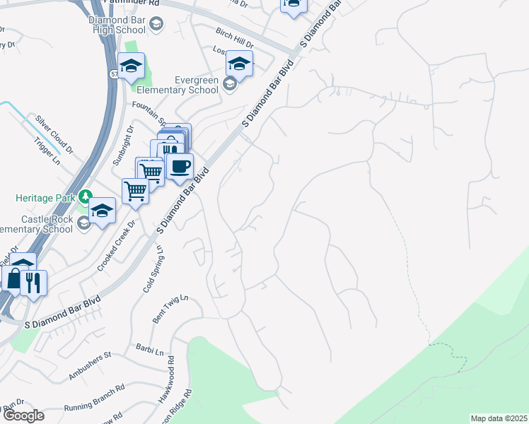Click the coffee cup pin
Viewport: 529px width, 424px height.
coord(180,167)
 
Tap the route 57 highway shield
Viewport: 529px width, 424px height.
coord(114,73)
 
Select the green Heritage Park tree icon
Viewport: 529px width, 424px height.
coord(86,196)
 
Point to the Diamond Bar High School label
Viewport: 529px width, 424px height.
coord(117,25)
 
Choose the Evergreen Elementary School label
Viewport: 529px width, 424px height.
coord(178,85)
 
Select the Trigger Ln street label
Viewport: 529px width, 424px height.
coord(48,149)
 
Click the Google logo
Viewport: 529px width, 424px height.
coord(23,416)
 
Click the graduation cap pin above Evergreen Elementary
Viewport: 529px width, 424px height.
coord(240,66)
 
